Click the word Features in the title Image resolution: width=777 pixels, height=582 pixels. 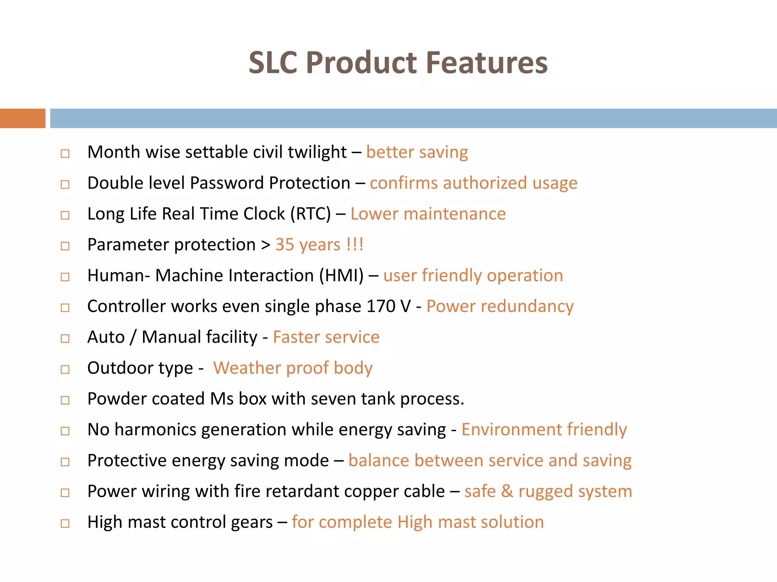[487, 63]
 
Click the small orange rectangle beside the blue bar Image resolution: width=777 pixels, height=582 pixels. [22, 118]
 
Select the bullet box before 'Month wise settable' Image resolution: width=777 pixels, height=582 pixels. [65, 153]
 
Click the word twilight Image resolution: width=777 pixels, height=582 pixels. [317, 152]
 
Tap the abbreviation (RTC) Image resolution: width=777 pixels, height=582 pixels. [311, 214]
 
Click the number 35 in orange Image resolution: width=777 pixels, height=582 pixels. [285, 245]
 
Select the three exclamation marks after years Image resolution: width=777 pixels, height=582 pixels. [355, 244]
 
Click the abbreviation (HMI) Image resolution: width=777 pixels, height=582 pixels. [341, 275]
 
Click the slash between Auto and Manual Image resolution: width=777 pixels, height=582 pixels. [133, 337]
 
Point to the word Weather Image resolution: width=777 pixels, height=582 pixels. [247, 368]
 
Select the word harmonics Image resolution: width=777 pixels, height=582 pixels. [155, 430]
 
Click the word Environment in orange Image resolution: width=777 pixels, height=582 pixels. [511, 430]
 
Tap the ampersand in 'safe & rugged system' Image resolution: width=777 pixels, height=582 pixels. [507, 491]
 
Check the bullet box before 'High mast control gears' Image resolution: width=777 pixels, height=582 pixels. [65, 524]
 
